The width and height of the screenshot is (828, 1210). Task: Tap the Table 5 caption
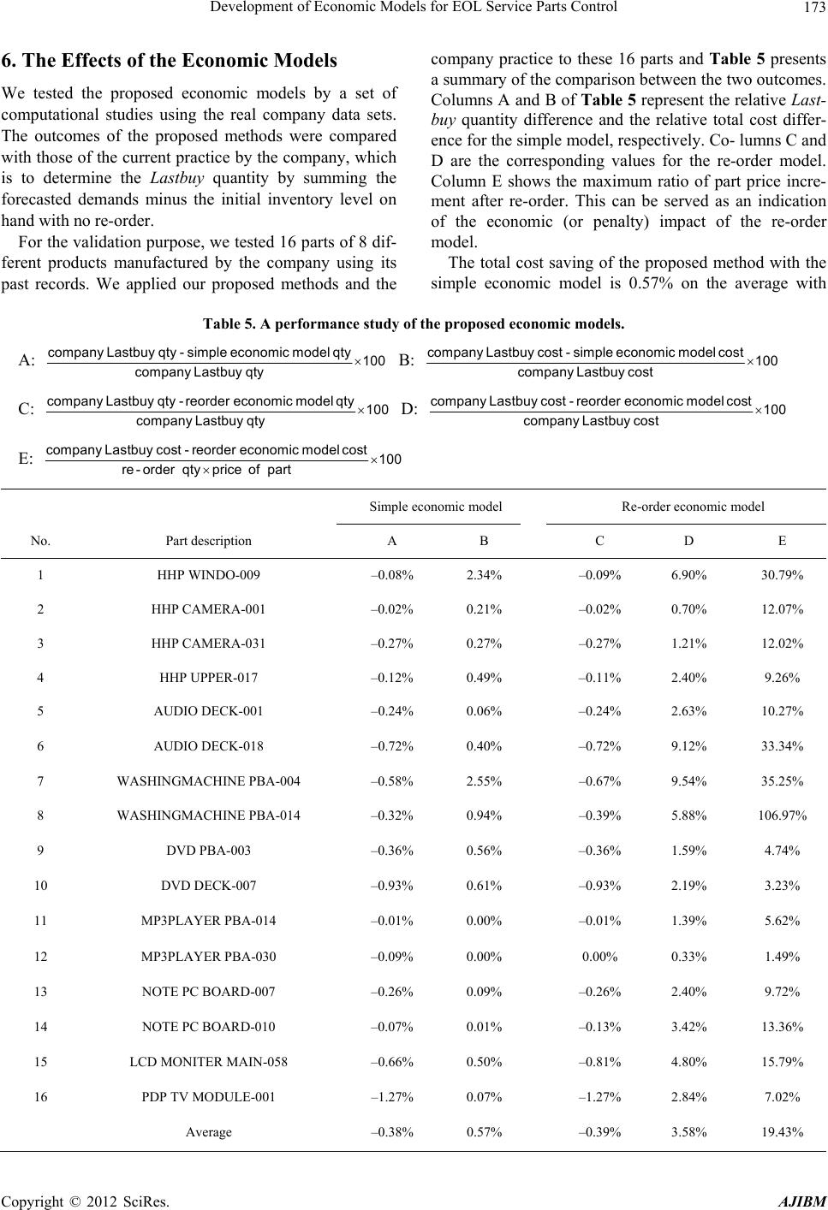pyautogui.click(x=414, y=324)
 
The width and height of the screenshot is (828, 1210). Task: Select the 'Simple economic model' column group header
pyautogui.click(x=436, y=507)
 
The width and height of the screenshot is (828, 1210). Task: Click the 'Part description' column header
pyautogui.click(x=208, y=541)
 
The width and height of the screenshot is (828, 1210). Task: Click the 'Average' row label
pyautogui.click(x=208, y=1132)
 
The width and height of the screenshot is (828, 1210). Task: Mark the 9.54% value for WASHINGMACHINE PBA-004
pyautogui.click(x=689, y=781)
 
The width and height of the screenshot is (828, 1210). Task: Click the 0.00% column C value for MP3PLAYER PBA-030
pyautogui.click(x=599, y=957)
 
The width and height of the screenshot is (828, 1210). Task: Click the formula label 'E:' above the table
pyautogui.click(x=27, y=459)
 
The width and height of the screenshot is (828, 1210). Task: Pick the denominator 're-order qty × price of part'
pyautogui.click(x=206, y=470)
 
